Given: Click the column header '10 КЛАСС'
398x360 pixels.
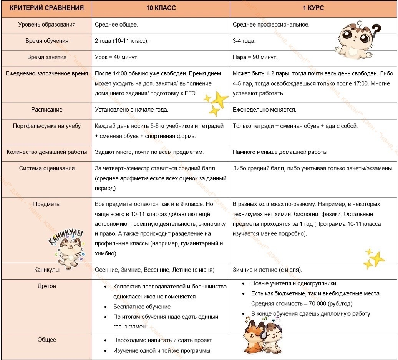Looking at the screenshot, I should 161,8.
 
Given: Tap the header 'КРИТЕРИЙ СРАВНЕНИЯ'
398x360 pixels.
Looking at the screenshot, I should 46,8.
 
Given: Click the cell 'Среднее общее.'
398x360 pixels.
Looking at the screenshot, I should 116,25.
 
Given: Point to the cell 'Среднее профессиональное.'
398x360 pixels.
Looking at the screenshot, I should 271,25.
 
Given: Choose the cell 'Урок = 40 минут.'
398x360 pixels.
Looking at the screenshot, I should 116,57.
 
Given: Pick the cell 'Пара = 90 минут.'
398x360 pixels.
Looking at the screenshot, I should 255,57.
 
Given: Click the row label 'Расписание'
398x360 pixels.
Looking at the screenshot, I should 46,110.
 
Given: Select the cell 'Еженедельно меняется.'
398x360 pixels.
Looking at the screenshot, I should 264,110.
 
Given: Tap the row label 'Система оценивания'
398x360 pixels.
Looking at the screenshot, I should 46,168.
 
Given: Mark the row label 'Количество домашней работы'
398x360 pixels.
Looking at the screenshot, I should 46,152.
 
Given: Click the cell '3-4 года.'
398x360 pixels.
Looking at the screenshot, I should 244,41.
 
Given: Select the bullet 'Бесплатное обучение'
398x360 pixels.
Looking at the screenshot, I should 142,307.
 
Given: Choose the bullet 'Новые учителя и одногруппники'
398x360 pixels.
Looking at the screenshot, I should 294,283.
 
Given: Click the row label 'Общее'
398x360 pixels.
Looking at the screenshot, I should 46,340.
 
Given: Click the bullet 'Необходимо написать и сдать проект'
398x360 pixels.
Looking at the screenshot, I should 162,340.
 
